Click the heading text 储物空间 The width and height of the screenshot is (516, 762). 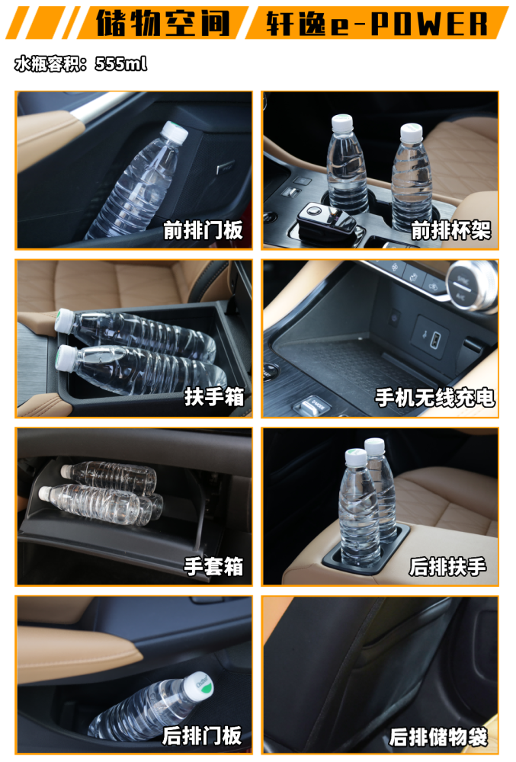tap(162, 23)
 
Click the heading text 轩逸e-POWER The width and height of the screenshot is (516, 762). tap(377, 23)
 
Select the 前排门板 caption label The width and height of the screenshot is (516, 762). tap(204, 230)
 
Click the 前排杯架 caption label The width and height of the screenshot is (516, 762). tap(450, 230)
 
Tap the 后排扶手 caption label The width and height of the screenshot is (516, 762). tap(447, 566)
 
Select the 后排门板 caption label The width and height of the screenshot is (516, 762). tap(202, 735)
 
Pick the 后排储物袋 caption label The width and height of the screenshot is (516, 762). tap(438, 736)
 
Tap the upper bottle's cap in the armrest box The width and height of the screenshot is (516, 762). tap(64, 321)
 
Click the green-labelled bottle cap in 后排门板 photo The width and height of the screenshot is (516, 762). tap(198, 684)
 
